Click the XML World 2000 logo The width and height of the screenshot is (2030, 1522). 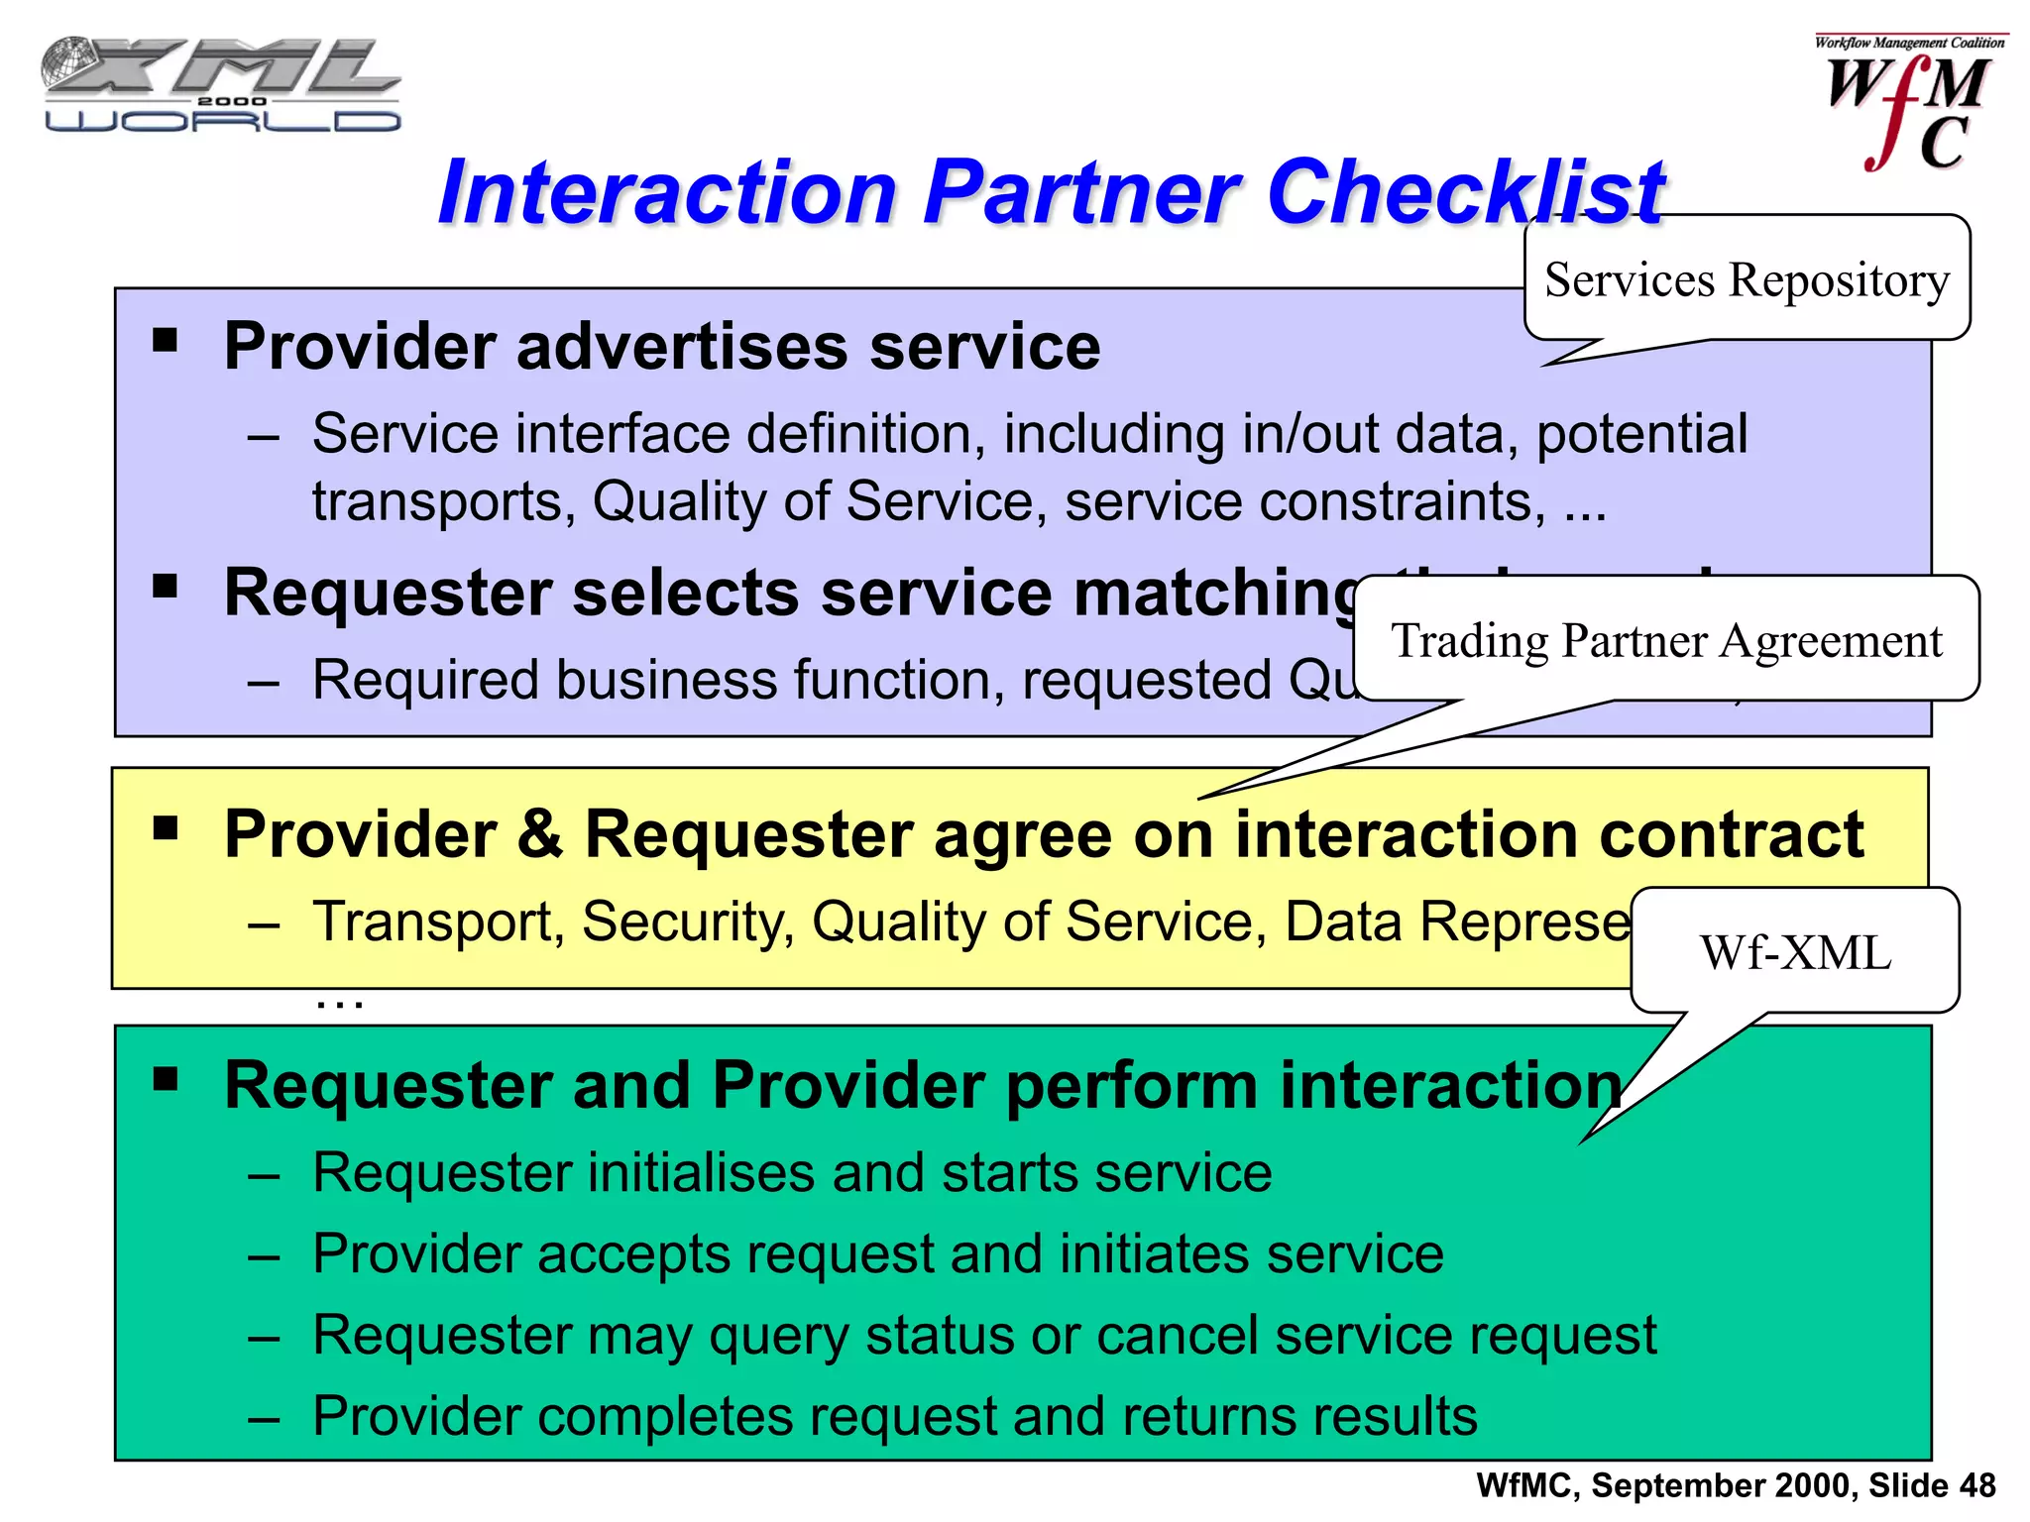pyautogui.click(x=220, y=85)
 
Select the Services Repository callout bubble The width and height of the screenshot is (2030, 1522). pyautogui.click(x=1747, y=279)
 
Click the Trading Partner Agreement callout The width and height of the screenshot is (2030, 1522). pyautogui.click(x=1666, y=640)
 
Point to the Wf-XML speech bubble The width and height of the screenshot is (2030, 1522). pyautogui.click(x=1795, y=952)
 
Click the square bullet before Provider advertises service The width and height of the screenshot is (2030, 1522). pyautogui.click(x=166, y=342)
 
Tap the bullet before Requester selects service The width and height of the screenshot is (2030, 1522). pyautogui.click(x=166, y=587)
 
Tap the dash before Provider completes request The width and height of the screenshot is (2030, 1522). pyautogui.click(x=264, y=1418)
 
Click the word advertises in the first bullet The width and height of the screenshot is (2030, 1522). pyautogui.click(x=682, y=347)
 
